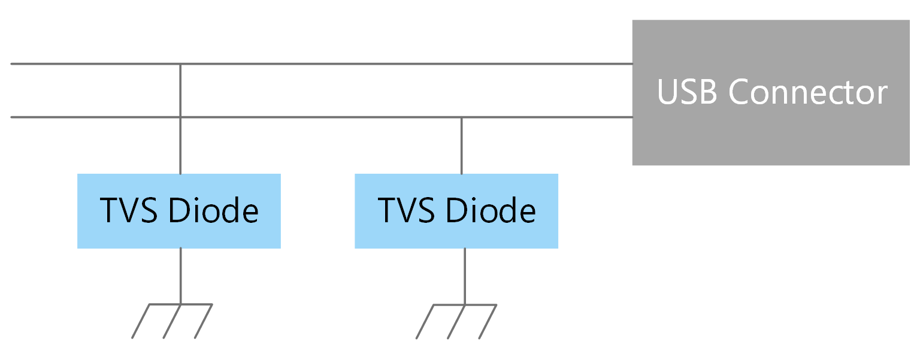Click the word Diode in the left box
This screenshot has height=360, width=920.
point(213,210)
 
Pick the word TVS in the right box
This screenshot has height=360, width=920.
point(405,210)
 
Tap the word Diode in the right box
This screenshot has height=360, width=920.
point(491,210)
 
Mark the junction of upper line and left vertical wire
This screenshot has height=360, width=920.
point(180,63)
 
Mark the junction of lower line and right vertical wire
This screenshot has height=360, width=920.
point(461,117)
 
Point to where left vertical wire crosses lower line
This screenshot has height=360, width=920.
point(180,117)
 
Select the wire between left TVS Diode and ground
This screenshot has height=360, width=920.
point(180,276)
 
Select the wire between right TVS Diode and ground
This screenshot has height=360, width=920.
point(464,276)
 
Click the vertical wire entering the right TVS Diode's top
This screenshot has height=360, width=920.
point(461,146)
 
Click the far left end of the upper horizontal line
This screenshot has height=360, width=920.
point(13,63)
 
